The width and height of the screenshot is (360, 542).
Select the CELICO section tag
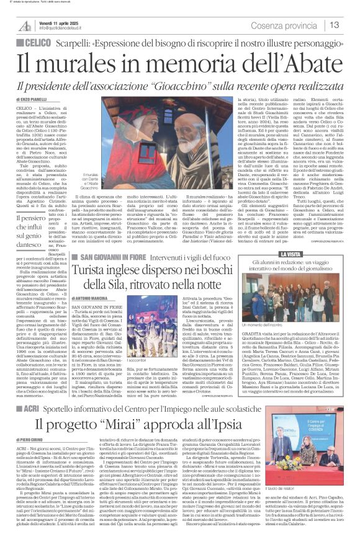tap(34, 40)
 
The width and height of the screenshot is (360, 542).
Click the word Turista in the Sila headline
tap(112, 273)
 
